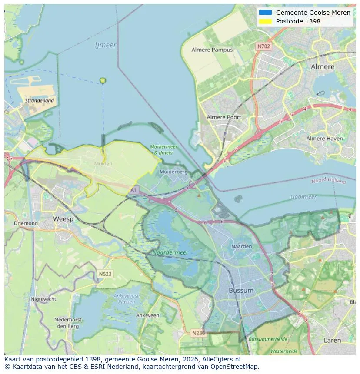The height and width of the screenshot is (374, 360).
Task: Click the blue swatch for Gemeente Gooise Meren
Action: tap(265, 13)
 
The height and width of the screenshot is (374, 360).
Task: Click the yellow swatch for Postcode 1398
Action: tap(265, 21)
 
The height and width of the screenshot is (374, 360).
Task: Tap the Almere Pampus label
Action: tap(212, 50)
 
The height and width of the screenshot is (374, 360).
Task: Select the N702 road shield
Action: tap(263, 46)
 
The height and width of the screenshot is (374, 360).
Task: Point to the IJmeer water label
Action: tap(105, 45)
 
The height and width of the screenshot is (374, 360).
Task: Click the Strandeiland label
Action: tap(40, 100)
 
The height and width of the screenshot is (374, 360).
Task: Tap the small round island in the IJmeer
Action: tap(103, 80)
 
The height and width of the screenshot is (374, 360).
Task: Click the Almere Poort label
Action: tap(223, 117)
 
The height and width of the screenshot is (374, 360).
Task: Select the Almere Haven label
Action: tap(324, 139)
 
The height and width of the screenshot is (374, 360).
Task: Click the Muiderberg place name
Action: tap(173, 172)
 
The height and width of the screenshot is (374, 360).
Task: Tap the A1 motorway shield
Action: tap(133, 190)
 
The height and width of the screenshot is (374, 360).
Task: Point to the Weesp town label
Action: tap(63, 219)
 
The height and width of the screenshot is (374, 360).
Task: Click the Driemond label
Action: tap(26, 223)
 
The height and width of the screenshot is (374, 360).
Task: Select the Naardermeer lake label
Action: tap(170, 252)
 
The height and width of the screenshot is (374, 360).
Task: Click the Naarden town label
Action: tap(241, 246)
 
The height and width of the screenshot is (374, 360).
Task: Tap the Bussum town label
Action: tap(241, 290)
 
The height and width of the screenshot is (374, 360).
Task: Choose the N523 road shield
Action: tap(105, 274)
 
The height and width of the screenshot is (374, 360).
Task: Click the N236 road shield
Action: tap(198, 333)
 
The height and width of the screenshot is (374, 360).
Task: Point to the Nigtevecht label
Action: tap(43, 299)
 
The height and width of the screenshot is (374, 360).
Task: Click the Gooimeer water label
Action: tap(303, 197)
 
